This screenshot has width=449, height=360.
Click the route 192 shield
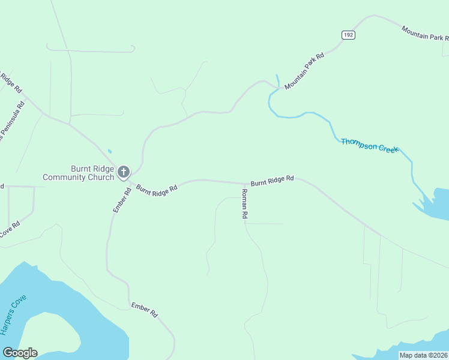tap(349, 35)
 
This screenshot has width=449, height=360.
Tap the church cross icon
tap(124, 173)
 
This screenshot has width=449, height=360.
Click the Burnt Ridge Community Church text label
tap(78, 173)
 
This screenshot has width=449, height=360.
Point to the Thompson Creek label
tap(369, 145)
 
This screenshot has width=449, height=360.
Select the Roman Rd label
tap(244, 203)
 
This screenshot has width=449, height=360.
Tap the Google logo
tap(20, 353)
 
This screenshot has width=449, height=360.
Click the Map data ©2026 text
tap(423, 355)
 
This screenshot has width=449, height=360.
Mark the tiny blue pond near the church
tap(109, 151)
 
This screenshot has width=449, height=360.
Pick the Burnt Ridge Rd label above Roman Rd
tap(272, 179)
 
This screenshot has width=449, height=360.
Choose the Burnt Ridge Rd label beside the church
tap(157, 188)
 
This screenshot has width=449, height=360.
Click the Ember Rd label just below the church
tap(122, 200)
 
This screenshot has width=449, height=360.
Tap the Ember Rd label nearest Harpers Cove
tap(144, 310)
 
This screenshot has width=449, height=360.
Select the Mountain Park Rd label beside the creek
tap(304, 71)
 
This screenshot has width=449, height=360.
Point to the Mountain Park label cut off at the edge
tap(424, 33)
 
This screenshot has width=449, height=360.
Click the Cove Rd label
tap(10, 229)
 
